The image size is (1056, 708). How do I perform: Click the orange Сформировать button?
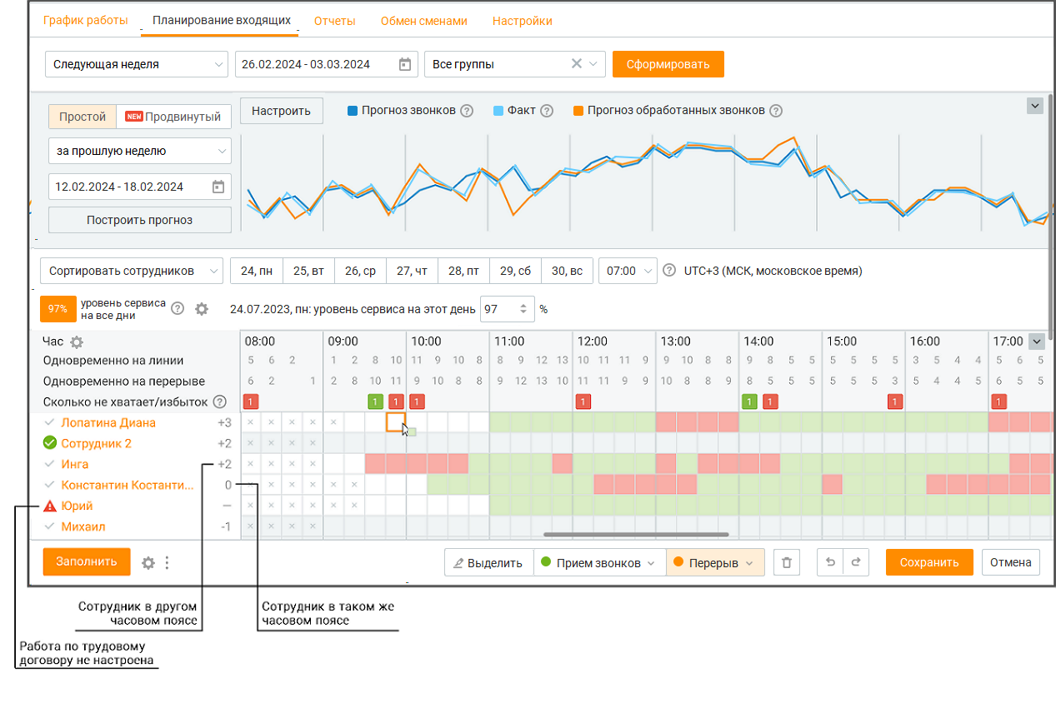[x=668, y=64]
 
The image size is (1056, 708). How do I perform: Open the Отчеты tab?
[x=334, y=21]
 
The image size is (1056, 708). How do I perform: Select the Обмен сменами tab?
[x=423, y=21]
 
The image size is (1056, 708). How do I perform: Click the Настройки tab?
[x=522, y=21]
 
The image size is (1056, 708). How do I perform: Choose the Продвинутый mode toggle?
[x=173, y=117]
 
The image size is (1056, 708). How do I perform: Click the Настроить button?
[x=281, y=111]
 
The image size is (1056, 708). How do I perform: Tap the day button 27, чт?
[x=412, y=271]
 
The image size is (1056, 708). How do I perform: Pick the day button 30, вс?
[x=567, y=271]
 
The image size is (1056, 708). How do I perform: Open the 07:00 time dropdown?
[x=628, y=271]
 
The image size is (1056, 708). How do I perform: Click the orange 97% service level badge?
[x=58, y=309]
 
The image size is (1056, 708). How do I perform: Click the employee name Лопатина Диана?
[x=108, y=422]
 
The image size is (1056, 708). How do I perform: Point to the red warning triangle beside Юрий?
[x=49, y=506]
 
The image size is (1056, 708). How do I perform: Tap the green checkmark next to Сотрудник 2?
[x=49, y=443]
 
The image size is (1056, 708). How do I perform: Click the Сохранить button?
[x=929, y=562]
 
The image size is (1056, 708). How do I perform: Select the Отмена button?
[x=1010, y=562]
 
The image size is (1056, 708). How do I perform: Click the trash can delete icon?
[x=786, y=562]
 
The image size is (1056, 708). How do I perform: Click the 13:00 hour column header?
[x=675, y=341]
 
